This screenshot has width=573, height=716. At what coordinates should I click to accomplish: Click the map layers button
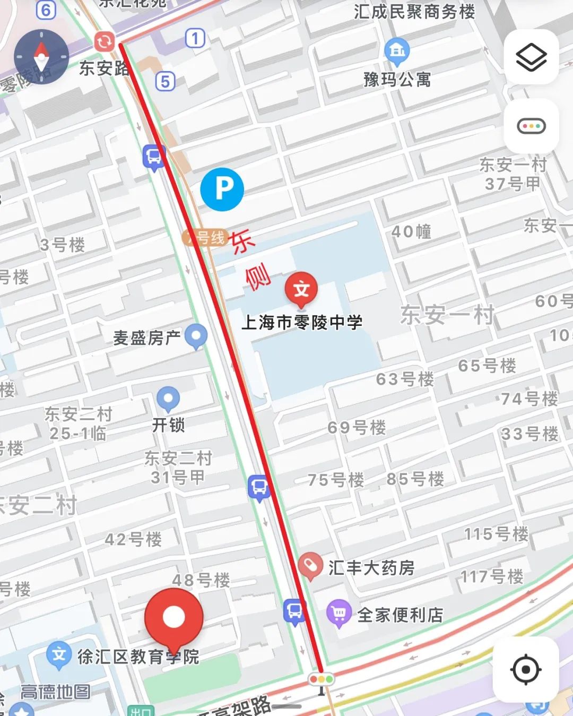[531, 57]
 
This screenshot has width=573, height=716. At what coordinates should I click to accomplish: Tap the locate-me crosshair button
[525, 670]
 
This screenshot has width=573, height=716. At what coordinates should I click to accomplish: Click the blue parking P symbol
[222, 189]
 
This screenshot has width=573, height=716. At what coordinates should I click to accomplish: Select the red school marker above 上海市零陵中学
[301, 289]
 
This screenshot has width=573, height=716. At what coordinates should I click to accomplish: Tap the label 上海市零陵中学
[302, 322]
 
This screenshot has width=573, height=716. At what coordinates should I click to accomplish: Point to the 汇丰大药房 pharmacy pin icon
[310, 566]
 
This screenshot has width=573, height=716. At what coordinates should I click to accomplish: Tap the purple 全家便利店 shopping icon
[339, 614]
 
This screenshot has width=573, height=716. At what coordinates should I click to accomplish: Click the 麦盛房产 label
[146, 338]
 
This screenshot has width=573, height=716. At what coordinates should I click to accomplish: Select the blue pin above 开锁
[168, 398]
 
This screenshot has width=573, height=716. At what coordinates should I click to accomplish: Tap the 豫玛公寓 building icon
[397, 50]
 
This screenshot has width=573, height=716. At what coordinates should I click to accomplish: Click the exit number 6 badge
[46, 10]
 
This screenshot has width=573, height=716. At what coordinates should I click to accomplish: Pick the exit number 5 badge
[166, 81]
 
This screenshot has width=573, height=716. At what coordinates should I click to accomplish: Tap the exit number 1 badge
[195, 38]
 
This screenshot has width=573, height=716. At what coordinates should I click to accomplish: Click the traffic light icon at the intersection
[322, 679]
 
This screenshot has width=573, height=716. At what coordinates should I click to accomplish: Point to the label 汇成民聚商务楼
[414, 12]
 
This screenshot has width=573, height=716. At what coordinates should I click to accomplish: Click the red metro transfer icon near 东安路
[105, 41]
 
